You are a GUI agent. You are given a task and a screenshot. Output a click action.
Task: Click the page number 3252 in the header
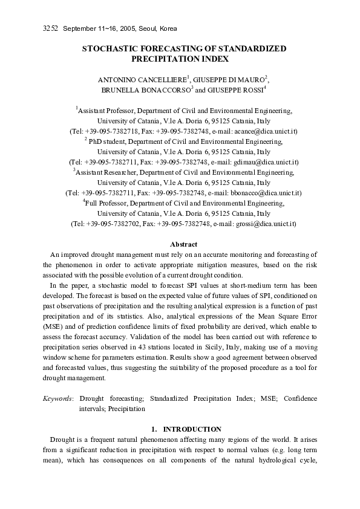50,29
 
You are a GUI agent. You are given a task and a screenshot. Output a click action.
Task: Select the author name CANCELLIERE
160,79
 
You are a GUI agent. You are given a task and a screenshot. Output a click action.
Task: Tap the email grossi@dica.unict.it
264,224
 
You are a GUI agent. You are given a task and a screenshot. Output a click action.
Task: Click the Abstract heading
183,244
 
